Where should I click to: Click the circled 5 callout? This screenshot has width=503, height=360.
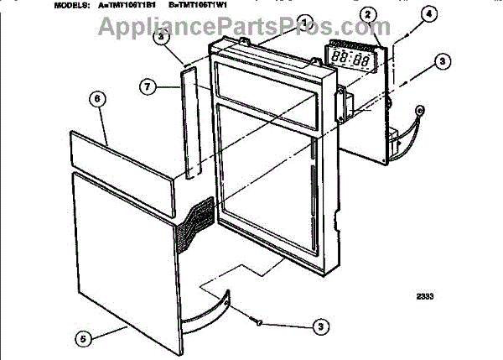pyautogui.click(x=82, y=339)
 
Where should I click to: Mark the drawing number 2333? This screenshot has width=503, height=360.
pyautogui.click(x=428, y=295)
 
